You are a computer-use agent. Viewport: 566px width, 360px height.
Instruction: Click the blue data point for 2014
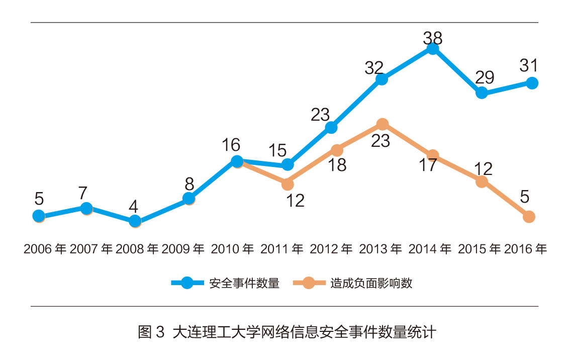[x=432, y=48]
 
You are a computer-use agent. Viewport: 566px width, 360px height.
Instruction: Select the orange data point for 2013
[x=382, y=124]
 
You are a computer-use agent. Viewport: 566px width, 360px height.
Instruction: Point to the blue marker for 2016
[x=532, y=83]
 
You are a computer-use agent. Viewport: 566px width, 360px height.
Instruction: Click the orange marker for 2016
[x=528, y=217]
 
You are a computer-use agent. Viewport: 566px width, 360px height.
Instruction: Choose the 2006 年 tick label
[x=45, y=249]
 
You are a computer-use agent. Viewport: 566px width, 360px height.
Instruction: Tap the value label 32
[x=374, y=67]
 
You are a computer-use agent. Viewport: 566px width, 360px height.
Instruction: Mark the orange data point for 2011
[x=288, y=184]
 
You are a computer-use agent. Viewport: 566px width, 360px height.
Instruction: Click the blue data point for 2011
[x=288, y=164]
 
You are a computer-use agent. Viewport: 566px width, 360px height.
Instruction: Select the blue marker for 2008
[x=135, y=221]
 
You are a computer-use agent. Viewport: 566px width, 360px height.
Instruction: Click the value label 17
[x=428, y=165]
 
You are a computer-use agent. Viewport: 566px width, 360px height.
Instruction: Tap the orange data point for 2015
[x=482, y=182]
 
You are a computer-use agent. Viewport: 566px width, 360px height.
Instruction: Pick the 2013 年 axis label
[x=380, y=249]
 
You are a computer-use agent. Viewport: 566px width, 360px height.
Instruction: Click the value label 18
[x=336, y=165]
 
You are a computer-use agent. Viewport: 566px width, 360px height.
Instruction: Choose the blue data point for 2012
[x=331, y=127]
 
